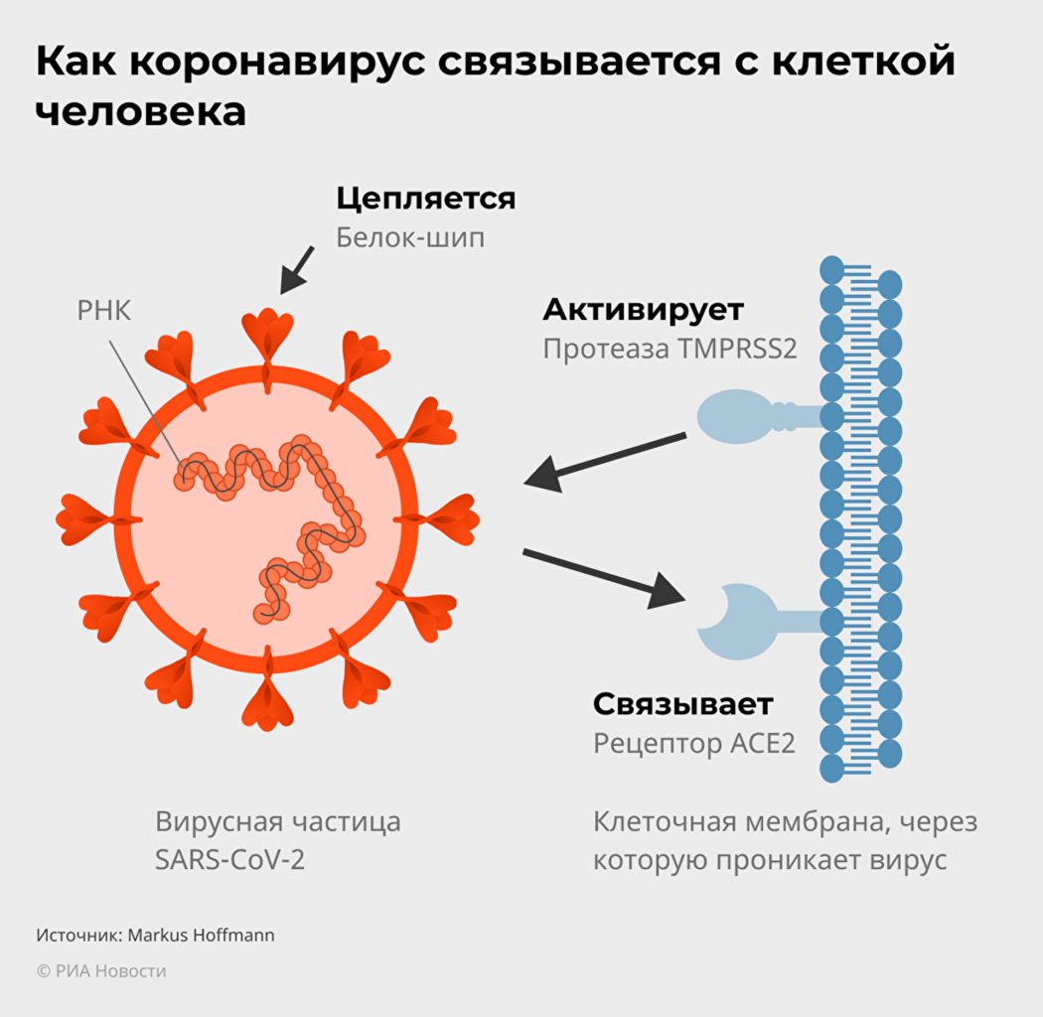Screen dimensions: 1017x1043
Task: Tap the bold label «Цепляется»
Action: pos(425,199)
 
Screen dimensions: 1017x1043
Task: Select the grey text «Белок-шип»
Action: pos(410,238)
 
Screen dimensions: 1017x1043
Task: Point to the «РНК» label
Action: pos(104,312)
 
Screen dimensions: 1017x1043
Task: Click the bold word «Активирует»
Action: pos(643,310)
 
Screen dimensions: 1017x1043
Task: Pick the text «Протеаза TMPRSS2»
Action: pos(670,350)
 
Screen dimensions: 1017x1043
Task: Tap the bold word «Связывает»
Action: pos(682,704)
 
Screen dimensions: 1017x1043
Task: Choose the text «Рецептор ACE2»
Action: pos(693,743)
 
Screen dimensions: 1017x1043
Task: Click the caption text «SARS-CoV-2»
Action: pos(229,860)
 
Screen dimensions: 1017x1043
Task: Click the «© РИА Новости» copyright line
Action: pos(101,971)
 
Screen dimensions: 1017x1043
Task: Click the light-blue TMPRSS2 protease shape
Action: pos(740,414)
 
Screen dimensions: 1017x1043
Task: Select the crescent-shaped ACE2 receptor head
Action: pos(730,622)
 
